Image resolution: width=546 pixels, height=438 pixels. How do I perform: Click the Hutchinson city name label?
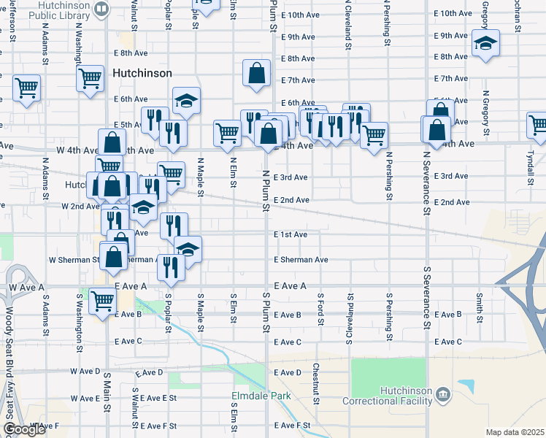[x=142, y=74]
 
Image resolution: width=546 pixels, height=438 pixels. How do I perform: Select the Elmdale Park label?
[x=261, y=396]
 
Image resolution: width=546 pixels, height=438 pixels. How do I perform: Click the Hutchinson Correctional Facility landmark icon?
[x=443, y=396]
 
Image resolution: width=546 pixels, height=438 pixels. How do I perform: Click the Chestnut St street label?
[x=316, y=383]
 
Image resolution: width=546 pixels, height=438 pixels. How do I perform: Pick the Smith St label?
[x=479, y=308]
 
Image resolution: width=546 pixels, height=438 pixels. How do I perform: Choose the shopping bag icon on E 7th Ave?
[x=256, y=74]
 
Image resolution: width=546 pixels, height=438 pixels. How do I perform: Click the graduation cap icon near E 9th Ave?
[x=485, y=42]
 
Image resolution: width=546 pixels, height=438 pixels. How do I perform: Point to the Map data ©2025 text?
[x=515, y=432]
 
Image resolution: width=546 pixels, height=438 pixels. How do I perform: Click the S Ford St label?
[x=320, y=309]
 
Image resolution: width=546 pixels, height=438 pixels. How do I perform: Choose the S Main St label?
[x=106, y=387]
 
